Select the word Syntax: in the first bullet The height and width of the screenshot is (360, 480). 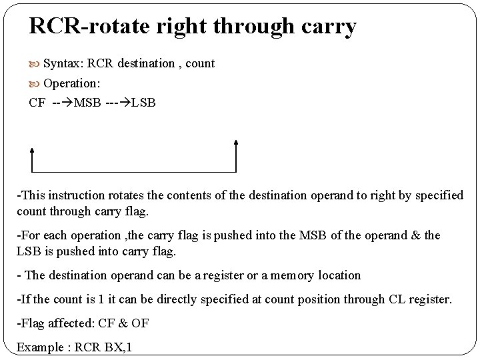63,63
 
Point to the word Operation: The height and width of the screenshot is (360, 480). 71,83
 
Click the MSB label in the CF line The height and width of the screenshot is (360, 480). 88,103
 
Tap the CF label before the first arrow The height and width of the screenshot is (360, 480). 37,103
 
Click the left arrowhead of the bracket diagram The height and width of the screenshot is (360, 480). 31,143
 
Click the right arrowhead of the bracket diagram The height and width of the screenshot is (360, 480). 237,143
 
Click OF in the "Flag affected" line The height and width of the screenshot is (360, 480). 140,323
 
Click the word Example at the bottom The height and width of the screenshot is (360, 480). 39,347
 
